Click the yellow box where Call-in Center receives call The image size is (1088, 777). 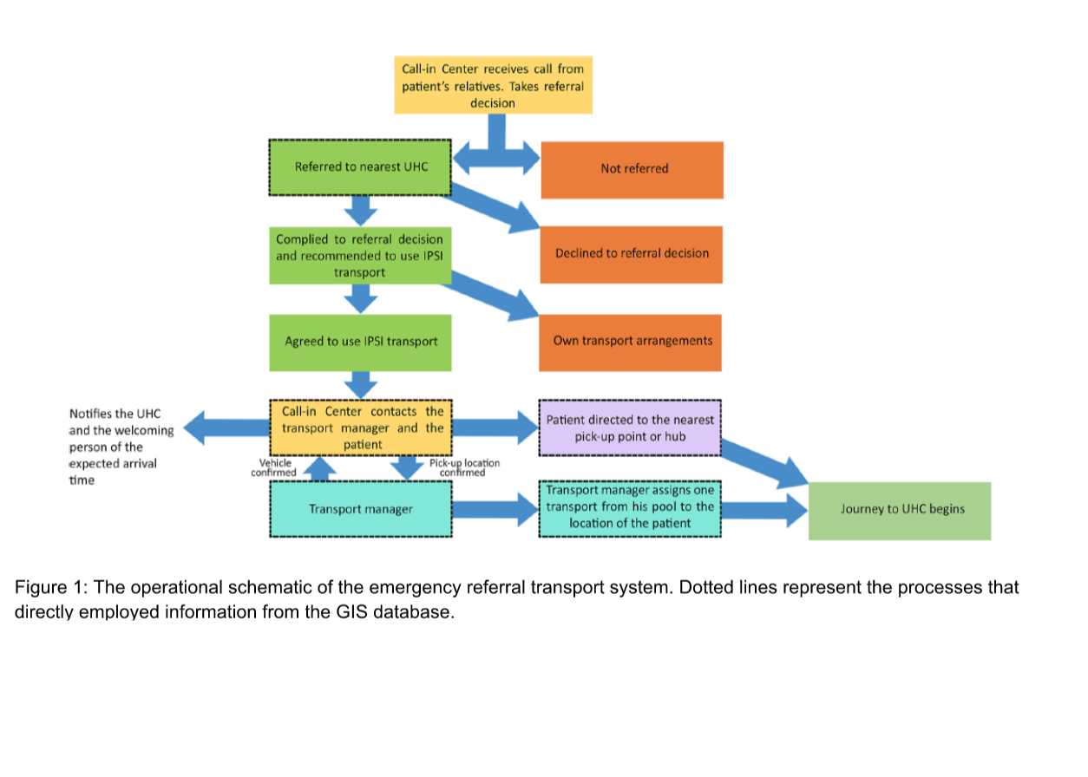click(493, 85)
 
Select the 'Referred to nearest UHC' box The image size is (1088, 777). click(360, 166)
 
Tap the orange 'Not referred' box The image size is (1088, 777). click(632, 169)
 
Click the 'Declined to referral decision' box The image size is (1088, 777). click(631, 253)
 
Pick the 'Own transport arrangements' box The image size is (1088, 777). click(631, 341)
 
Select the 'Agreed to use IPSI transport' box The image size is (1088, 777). click(360, 342)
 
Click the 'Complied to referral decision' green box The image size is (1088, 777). click(360, 255)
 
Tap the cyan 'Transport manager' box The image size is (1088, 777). click(360, 509)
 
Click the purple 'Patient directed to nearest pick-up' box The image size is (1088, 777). click(630, 428)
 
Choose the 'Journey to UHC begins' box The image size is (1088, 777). click(900, 509)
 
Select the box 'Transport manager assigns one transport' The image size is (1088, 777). click(630, 507)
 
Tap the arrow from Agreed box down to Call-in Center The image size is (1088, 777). click(361, 382)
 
